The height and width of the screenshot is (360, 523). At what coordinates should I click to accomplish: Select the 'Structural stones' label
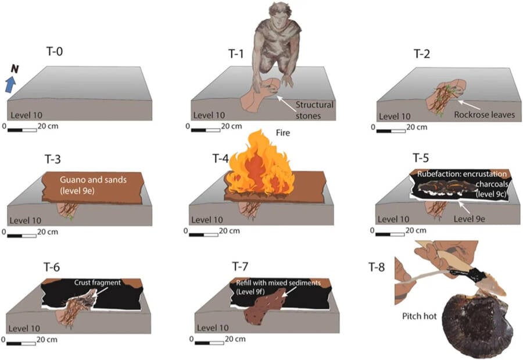coord(314,109)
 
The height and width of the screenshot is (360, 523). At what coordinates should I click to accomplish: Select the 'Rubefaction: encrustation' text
coord(462,174)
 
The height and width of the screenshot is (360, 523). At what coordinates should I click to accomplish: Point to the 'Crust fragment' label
coord(97,283)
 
